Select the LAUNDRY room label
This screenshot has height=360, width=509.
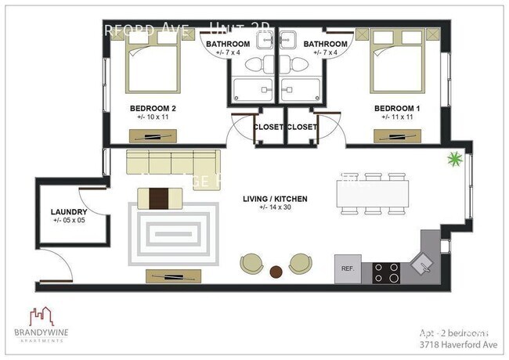68,211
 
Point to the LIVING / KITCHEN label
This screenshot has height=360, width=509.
275,200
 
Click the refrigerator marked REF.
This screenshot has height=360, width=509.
348,268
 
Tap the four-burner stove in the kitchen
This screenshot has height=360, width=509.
386,272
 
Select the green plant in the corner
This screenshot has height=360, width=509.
452,162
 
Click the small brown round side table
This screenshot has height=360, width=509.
276,272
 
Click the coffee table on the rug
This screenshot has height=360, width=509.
159,197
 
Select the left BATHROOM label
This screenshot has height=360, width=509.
228,44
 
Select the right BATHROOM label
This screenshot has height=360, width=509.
325,44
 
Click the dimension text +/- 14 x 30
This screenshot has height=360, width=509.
275,210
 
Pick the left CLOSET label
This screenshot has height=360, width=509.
268,127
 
